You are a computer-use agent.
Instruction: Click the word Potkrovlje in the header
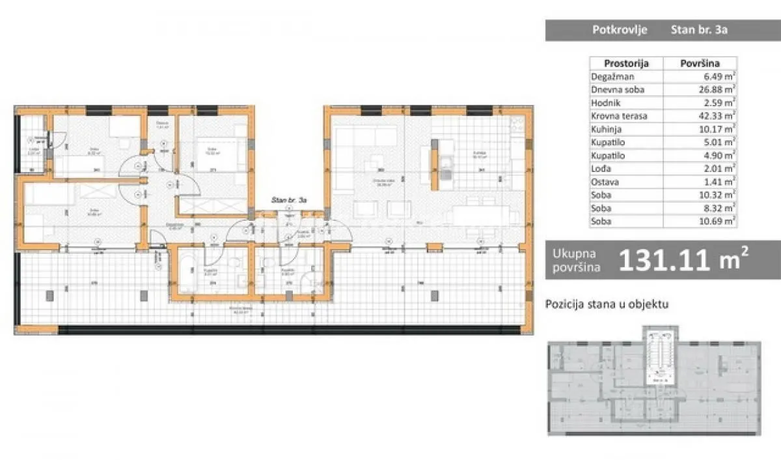[610, 29]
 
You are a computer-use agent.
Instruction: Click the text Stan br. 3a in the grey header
[698, 29]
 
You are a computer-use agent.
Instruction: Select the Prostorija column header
[625, 63]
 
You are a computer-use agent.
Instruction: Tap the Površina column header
[699, 63]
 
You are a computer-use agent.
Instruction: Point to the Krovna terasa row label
[619, 116]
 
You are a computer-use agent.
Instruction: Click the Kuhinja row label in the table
[607, 130]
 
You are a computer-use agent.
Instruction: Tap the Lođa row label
[601, 169]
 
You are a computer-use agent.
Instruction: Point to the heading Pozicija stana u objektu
[607, 304]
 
